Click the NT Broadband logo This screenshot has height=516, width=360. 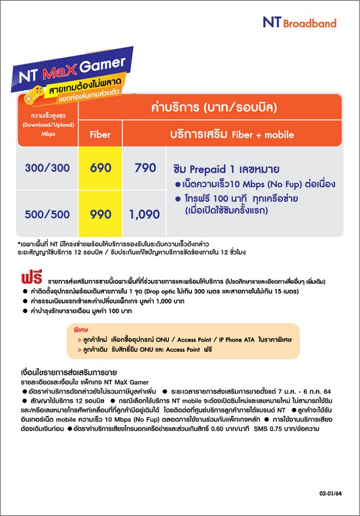(x=299, y=23)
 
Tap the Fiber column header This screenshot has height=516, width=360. (x=99, y=135)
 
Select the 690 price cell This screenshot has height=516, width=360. (x=99, y=168)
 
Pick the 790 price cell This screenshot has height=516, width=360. (x=145, y=168)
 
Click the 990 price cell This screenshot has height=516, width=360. (x=99, y=214)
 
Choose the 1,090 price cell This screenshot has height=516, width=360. (x=145, y=214)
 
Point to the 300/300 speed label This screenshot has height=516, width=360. (x=47, y=168)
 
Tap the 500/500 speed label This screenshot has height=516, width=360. (x=47, y=214)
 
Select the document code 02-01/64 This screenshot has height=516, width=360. (x=331, y=494)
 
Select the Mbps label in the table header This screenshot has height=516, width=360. (x=46, y=134)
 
